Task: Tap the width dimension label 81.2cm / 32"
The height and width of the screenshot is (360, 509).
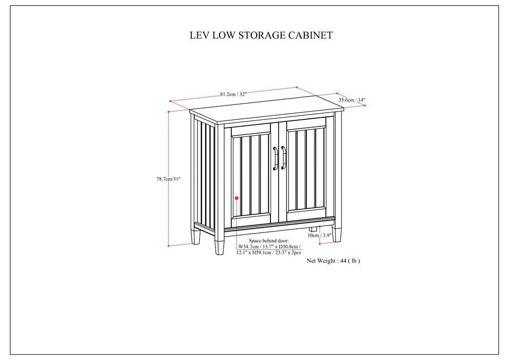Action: [x=233, y=94]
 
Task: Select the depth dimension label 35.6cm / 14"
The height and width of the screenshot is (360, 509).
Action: [x=352, y=100]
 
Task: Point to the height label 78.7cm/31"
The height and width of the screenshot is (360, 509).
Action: [x=169, y=178]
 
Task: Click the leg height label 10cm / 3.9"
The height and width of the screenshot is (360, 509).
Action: [x=319, y=235]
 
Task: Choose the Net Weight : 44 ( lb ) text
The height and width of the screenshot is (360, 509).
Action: [x=333, y=261]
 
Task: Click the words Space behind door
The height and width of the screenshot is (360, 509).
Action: [x=269, y=241]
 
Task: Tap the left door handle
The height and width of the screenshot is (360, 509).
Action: [x=276, y=157]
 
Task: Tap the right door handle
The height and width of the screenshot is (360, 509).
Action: [x=283, y=157]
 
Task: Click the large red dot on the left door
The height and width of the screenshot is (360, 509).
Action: [x=237, y=197]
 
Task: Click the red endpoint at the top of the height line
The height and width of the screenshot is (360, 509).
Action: [x=169, y=110]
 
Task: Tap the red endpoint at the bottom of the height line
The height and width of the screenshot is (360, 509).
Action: [x=169, y=245]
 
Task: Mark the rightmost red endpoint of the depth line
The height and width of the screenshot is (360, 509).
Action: [x=365, y=105]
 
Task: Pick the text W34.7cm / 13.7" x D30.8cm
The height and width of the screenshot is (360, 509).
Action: [x=269, y=247]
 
